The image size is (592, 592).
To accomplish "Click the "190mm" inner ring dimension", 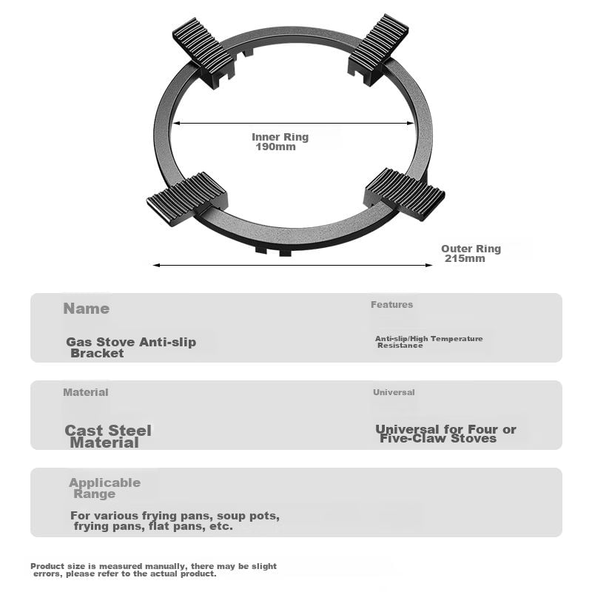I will coord(275,147).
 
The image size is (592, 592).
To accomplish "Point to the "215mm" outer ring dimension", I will coord(465,259).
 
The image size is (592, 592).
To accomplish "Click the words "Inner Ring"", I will coord(280,137).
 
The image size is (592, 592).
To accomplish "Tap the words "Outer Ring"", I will coord(471,249).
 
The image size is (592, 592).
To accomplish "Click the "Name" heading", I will coord(86,309).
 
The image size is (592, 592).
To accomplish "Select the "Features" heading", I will coord(391,304).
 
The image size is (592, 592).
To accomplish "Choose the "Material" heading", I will coord(85,392).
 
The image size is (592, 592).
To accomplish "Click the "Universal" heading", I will coord(394,392).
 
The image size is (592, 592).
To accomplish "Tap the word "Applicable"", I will coord(104,482).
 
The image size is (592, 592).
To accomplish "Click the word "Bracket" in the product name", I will coord(97,353).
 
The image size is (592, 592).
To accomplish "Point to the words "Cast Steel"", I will coord(108,431).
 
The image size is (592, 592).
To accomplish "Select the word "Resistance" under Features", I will coord(400,346).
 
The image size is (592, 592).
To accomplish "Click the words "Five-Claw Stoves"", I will coord(438,438).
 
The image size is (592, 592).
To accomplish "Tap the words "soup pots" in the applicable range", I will coord(253,515).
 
